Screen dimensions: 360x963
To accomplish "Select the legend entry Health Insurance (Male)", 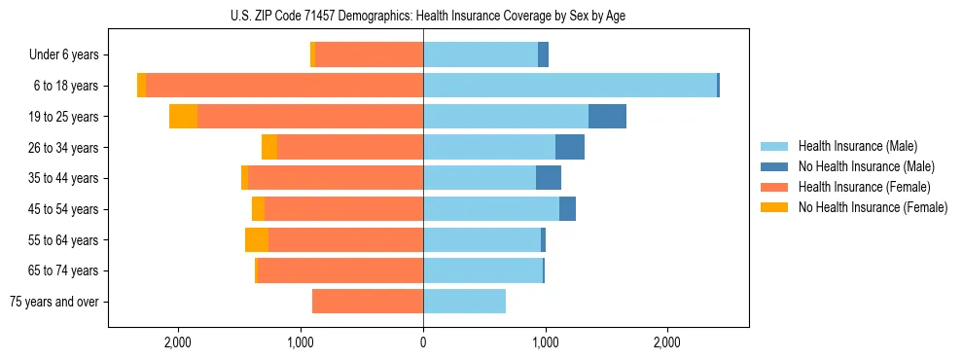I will (x=852, y=146).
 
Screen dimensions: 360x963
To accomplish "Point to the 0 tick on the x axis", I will (x=423, y=342).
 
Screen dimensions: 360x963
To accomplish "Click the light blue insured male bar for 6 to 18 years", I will (x=569, y=86).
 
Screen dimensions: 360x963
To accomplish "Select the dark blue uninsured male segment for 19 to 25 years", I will (x=607, y=117).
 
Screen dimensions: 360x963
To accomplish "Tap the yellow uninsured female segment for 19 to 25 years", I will (x=183, y=117).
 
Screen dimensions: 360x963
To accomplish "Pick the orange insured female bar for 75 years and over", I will (x=368, y=302).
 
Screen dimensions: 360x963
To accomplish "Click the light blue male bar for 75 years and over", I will (x=464, y=302).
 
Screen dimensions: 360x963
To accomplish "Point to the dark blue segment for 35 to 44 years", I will (x=549, y=178).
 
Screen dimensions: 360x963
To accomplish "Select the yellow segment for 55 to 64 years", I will (x=257, y=239).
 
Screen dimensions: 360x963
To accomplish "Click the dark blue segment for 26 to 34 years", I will (x=570, y=147).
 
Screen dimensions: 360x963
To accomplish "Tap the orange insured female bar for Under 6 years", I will (x=369, y=54).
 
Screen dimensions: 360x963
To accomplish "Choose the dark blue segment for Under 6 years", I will (x=543, y=54).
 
